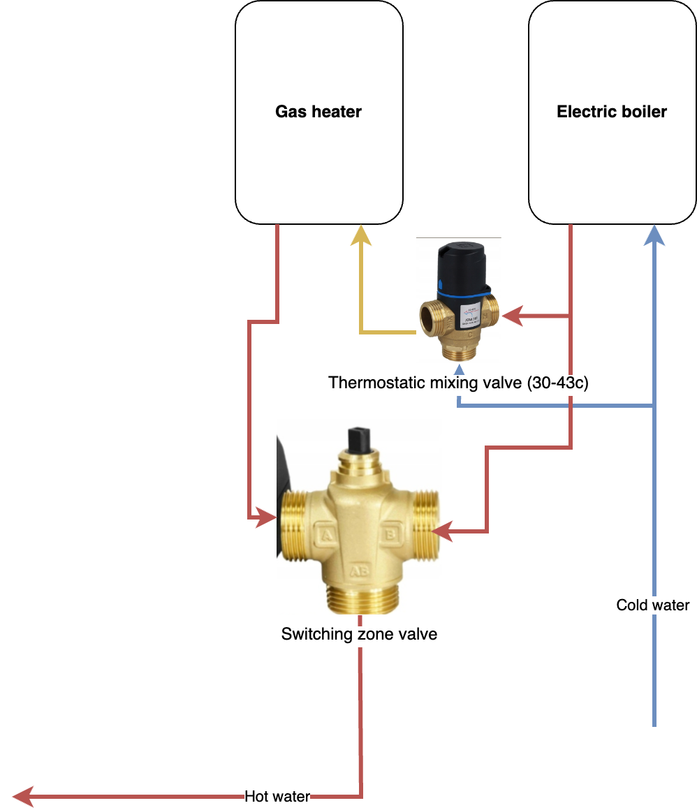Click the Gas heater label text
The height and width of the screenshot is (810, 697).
point(318,112)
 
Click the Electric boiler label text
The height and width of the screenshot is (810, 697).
point(612,112)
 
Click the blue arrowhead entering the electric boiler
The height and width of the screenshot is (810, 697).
point(654,235)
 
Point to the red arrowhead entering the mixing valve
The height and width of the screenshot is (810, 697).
point(513,316)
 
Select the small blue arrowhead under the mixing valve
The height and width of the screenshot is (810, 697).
point(459,369)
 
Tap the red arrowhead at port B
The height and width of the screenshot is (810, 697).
point(442,531)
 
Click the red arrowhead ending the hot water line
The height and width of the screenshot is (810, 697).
point(22,795)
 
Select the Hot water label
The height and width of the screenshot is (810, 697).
point(277,796)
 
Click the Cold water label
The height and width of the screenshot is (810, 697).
point(653,605)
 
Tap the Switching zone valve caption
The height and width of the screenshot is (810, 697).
point(359,634)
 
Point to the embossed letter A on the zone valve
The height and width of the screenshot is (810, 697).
point(326,536)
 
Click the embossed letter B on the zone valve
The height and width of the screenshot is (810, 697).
point(390,536)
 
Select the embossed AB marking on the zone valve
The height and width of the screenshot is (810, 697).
point(359,571)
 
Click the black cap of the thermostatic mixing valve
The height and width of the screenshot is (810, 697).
point(462,269)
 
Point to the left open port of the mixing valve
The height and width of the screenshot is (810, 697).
point(427,316)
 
